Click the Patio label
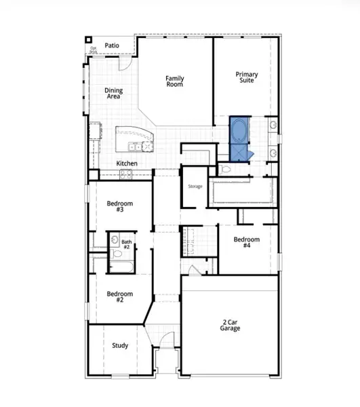[x=113, y=45]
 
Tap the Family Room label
[x=175, y=82]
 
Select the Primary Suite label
[x=247, y=78]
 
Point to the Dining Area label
[x=113, y=94]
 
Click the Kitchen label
[x=127, y=163]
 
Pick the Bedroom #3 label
[x=120, y=207]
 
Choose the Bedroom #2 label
[x=120, y=297]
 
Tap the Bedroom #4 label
[x=247, y=243]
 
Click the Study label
[x=120, y=345]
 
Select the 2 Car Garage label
[x=230, y=324]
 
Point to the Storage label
[x=195, y=186]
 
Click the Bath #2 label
[x=127, y=244]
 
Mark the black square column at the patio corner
[x=89, y=39]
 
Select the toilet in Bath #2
[x=117, y=254]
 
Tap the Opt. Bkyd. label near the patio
[x=94, y=50]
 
